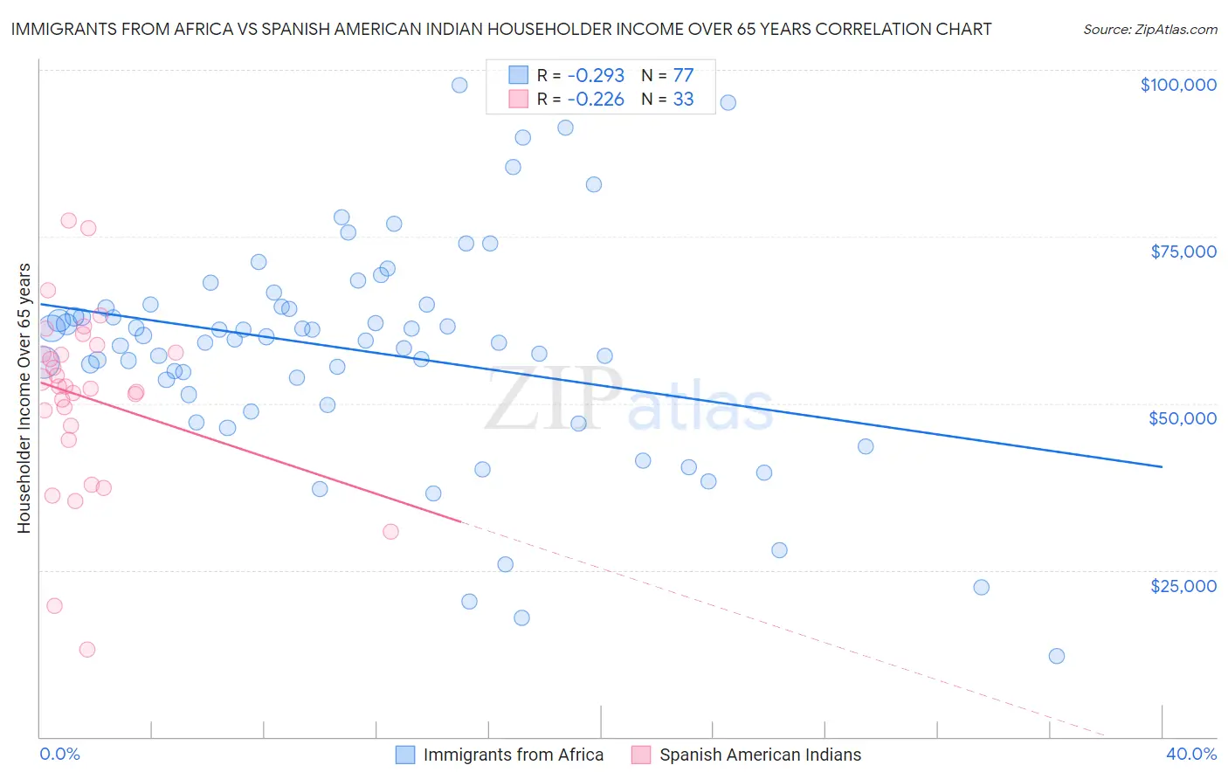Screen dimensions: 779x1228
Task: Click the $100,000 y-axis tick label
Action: [1177, 85]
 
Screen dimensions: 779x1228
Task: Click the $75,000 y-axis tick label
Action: [1183, 252]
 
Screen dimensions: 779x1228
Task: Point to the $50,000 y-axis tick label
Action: [1182, 418]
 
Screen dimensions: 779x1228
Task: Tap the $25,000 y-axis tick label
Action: [1183, 585]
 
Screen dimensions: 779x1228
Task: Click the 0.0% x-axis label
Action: [59, 754]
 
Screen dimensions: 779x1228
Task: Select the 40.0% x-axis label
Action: [1190, 754]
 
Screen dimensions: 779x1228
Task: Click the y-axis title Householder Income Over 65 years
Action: [24, 398]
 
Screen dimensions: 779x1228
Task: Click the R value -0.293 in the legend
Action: [596, 76]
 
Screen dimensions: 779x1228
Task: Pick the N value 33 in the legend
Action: [683, 100]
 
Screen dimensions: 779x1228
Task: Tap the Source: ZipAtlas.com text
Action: [1149, 30]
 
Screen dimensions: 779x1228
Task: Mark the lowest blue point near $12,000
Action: [1057, 656]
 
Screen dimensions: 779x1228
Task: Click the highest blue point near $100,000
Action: [459, 85]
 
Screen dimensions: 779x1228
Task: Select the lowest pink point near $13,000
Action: [86, 649]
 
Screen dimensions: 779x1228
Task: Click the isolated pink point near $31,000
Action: [390, 531]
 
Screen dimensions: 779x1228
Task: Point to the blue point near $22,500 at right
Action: [981, 587]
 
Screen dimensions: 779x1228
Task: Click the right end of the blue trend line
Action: [1162, 466]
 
